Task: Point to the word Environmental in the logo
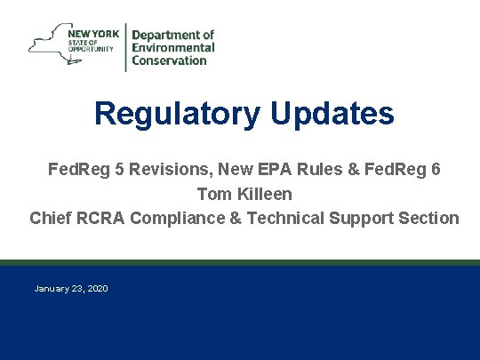(x=173, y=48)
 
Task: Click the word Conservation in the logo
(x=170, y=61)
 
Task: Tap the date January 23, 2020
(x=71, y=289)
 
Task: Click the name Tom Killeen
(x=244, y=193)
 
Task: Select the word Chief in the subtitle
(x=50, y=218)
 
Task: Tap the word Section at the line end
(x=429, y=218)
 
